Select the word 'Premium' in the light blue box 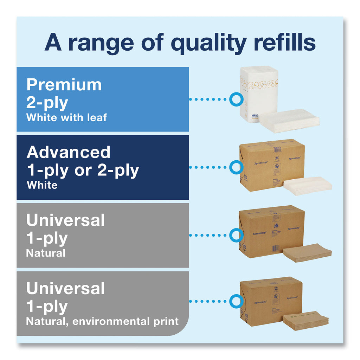click(64, 85)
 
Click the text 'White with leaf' click(66, 117)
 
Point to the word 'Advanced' click(69, 152)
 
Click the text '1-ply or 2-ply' click(83, 170)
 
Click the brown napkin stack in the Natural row click(307, 252)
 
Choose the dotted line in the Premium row click(208, 99)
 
